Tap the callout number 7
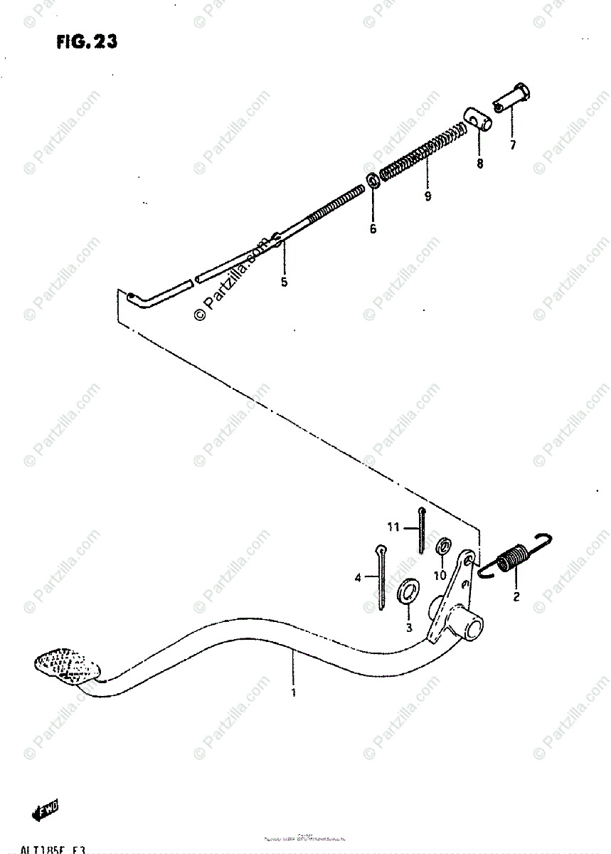point(512,145)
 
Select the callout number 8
point(479,164)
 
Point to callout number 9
point(427,196)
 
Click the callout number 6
point(373,229)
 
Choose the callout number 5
point(284,283)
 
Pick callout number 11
point(392,527)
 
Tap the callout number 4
point(358,577)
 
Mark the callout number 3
point(409,627)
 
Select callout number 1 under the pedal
point(294,690)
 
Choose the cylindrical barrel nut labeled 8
point(477,118)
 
